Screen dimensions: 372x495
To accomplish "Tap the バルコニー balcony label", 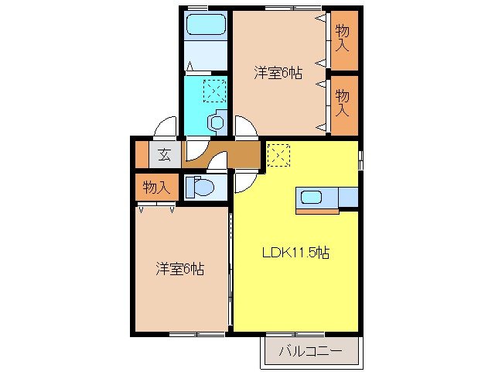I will tap(310, 352).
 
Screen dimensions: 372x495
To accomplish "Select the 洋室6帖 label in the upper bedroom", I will tap(278, 73).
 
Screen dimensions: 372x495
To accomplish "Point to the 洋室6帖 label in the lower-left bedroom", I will tap(179, 269).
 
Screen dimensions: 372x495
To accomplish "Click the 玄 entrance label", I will tap(165, 153).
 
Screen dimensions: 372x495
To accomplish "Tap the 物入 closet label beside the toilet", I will tap(155, 188).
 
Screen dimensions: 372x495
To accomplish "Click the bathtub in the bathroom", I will tap(206, 25).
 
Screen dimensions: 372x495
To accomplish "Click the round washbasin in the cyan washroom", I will tap(217, 121).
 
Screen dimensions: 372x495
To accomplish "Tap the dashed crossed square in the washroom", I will tap(214, 92).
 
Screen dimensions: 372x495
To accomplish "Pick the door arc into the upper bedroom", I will tap(245, 126).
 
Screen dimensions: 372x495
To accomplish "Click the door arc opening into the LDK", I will tap(244, 181).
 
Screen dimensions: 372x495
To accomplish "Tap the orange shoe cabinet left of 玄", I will tap(142, 154).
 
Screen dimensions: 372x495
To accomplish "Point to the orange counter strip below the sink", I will tap(317, 211).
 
